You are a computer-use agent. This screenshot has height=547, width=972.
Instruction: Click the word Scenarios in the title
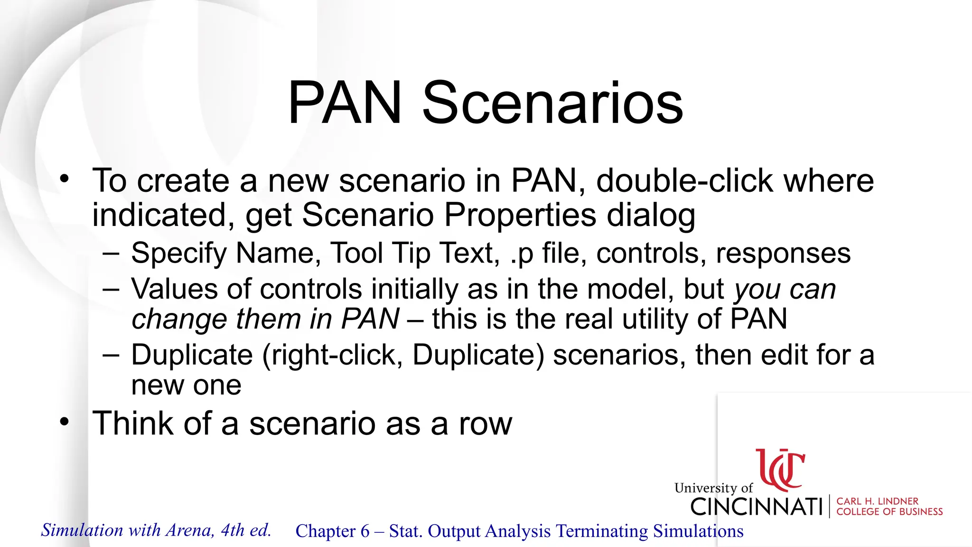(x=552, y=103)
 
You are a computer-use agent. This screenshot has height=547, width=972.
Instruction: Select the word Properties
(x=520, y=215)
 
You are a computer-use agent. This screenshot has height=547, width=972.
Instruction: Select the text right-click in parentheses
(x=332, y=355)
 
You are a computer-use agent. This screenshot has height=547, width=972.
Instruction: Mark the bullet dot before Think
(x=65, y=422)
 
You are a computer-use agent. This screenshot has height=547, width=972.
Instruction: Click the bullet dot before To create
(x=65, y=179)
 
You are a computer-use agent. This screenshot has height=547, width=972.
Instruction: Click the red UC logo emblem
(x=780, y=470)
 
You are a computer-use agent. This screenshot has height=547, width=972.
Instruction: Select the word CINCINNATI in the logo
(x=757, y=507)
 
